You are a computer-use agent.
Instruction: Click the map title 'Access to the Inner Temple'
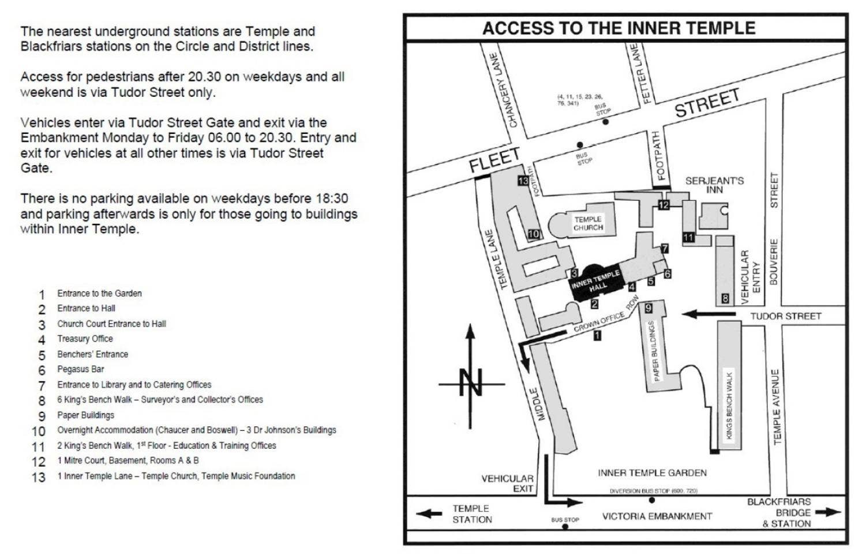pos(619,28)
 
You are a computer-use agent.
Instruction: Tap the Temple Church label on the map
pos(588,223)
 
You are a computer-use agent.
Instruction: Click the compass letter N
pos(471,382)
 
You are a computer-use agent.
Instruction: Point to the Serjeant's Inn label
pos(714,185)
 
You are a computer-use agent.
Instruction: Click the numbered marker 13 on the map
pos(523,181)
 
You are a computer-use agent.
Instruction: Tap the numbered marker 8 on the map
pos(725,299)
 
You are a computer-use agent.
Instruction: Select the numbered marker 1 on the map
pos(597,335)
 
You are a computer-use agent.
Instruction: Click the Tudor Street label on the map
pos(785,316)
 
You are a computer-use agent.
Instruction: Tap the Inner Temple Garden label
pos(652,473)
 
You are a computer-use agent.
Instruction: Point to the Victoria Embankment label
pos(657,516)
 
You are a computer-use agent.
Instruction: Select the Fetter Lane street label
pos(639,73)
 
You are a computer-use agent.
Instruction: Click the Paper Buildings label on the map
pos(654,351)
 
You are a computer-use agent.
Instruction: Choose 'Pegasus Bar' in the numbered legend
pos(80,369)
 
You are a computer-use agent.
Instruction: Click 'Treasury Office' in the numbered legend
pos(85,339)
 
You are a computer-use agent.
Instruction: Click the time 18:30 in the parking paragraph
pos(331,198)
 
